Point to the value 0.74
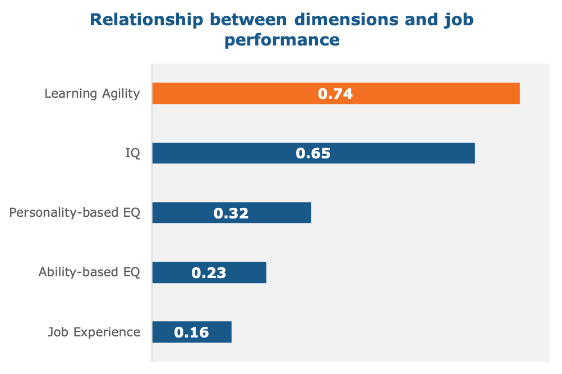pyautogui.click(x=335, y=94)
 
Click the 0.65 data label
pyautogui.click(x=313, y=153)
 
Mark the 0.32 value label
pyautogui.click(x=231, y=213)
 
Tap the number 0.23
pyautogui.click(x=209, y=273)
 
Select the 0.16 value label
pyautogui.click(x=191, y=332)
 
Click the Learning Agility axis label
pyautogui.click(x=93, y=94)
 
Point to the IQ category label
pyautogui.click(x=132, y=153)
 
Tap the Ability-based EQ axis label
pyautogui.click(x=89, y=273)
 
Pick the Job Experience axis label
pyautogui.click(x=94, y=332)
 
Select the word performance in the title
pyautogui.click(x=282, y=40)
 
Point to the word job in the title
pyautogui.click(x=460, y=21)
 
